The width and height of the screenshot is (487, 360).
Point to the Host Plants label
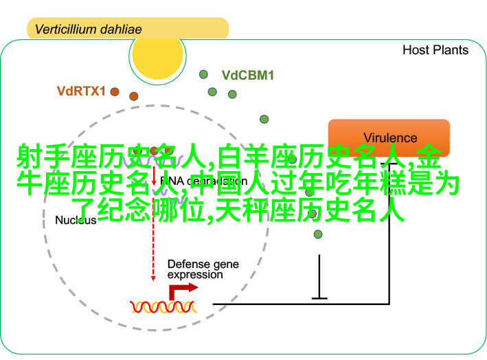pyautogui.click(x=435, y=50)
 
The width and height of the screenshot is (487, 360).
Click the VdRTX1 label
pyautogui.click(x=81, y=90)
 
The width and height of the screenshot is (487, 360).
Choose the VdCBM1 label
pyautogui.click(x=247, y=76)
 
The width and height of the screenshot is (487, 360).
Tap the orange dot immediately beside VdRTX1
pyautogui.click(x=114, y=91)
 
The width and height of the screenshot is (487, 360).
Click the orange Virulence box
pyautogui.click(x=389, y=137)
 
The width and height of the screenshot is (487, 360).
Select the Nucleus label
pyautogui.click(x=76, y=221)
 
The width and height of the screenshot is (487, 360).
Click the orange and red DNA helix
pyautogui.click(x=163, y=306)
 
